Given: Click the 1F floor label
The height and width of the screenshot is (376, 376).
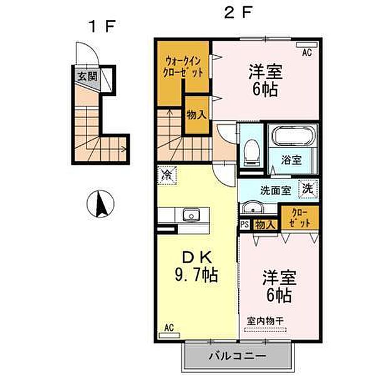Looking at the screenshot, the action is [x=102, y=26].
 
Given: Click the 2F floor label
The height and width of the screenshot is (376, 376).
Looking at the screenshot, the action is [x=238, y=13].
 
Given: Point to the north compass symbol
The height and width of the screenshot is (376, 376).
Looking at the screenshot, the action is [x=100, y=204].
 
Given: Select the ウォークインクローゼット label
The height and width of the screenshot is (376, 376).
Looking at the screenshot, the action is [x=183, y=67].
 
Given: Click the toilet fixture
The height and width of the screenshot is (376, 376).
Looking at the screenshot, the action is [x=251, y=153].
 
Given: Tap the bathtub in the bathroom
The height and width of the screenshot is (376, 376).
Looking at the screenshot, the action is [x=292, y=137].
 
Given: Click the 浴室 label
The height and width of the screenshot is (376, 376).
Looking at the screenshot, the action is [x=291, y=160].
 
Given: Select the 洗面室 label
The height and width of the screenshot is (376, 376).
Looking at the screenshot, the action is [x=276, y=191].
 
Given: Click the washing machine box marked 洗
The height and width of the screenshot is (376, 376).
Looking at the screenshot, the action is [x=308, y=189].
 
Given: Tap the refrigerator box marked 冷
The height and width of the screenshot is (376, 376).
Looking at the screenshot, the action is [x=167, y=175].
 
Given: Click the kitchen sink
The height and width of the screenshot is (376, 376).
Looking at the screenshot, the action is [x=191, y=214].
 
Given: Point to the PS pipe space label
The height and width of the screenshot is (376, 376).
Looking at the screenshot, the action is [x=244, y=225].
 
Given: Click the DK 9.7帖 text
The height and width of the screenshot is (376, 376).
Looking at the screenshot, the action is [x=197, y=267].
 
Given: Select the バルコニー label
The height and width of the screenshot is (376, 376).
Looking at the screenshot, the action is [x=238, y=356].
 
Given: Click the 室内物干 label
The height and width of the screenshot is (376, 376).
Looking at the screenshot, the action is [x=266, y=321].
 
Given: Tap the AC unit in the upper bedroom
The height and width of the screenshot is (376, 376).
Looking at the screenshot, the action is [x=306, y=45].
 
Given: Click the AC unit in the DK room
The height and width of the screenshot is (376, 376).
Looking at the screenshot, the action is [x=169, y=335].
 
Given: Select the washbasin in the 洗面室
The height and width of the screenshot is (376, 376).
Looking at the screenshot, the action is [x=253, y=207].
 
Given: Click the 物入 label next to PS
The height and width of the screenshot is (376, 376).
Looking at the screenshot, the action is [x=265, y=225].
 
